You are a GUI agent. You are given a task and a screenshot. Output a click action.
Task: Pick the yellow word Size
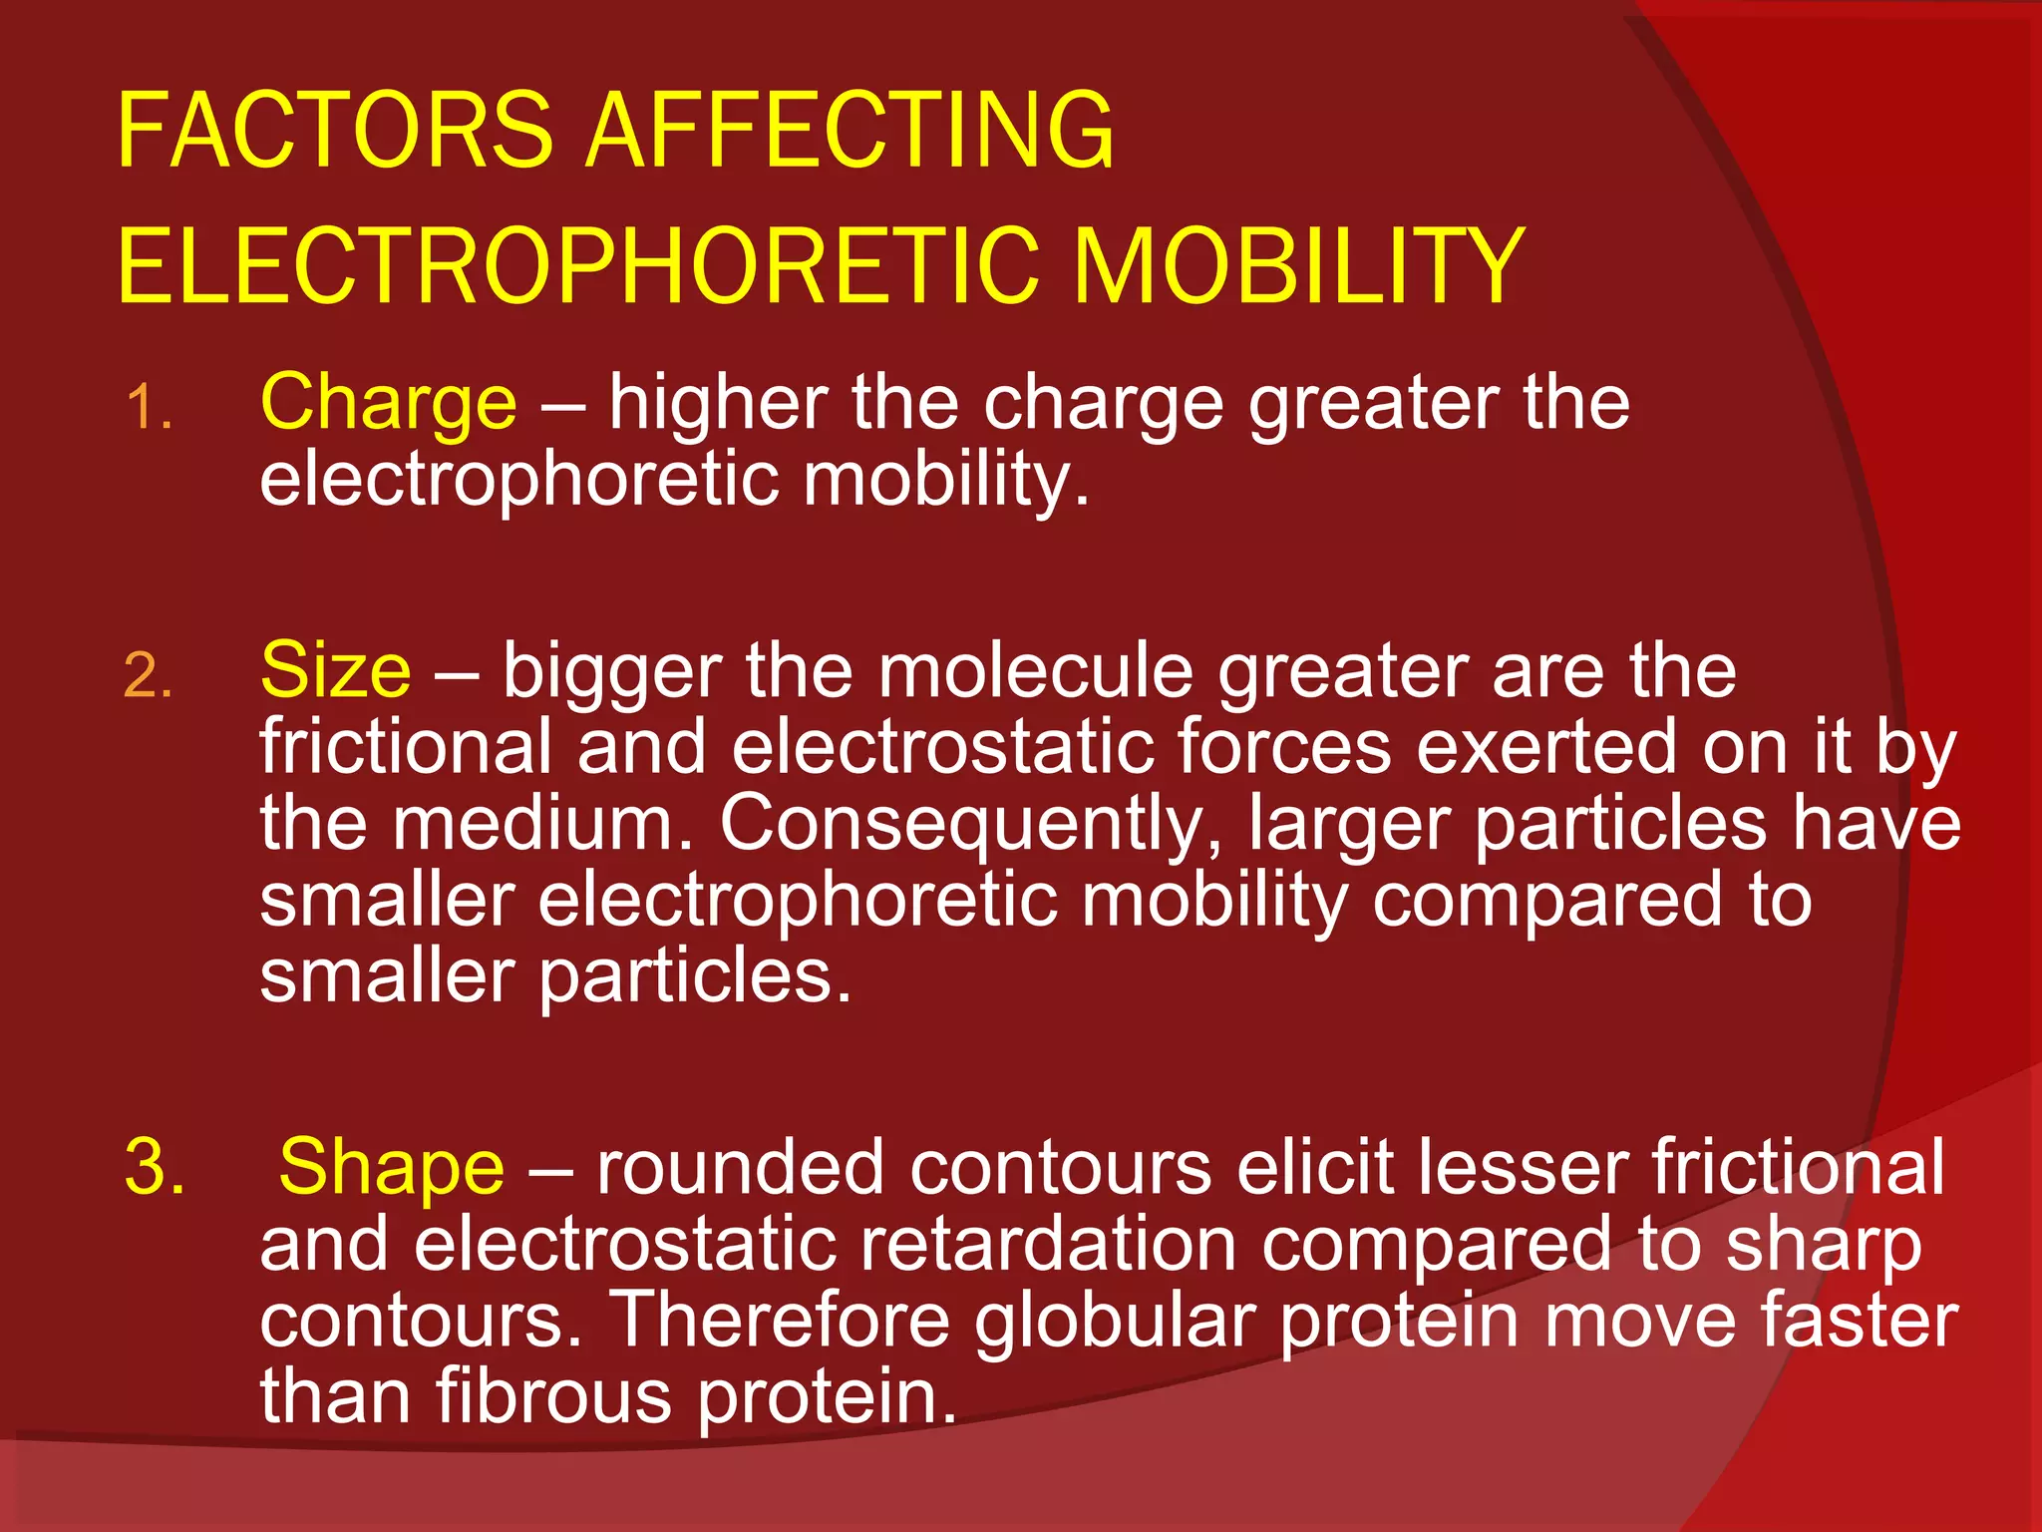tap(335, 670)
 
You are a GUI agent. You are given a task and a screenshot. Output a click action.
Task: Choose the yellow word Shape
tap(391, 1167)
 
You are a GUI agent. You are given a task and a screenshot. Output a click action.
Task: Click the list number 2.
tap(149, 676)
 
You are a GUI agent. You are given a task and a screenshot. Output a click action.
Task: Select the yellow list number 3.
tap(154, 1167)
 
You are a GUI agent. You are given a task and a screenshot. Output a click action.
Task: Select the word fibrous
tap(552, 1396)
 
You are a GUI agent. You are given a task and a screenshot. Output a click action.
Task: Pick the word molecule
tap(1035, 670)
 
